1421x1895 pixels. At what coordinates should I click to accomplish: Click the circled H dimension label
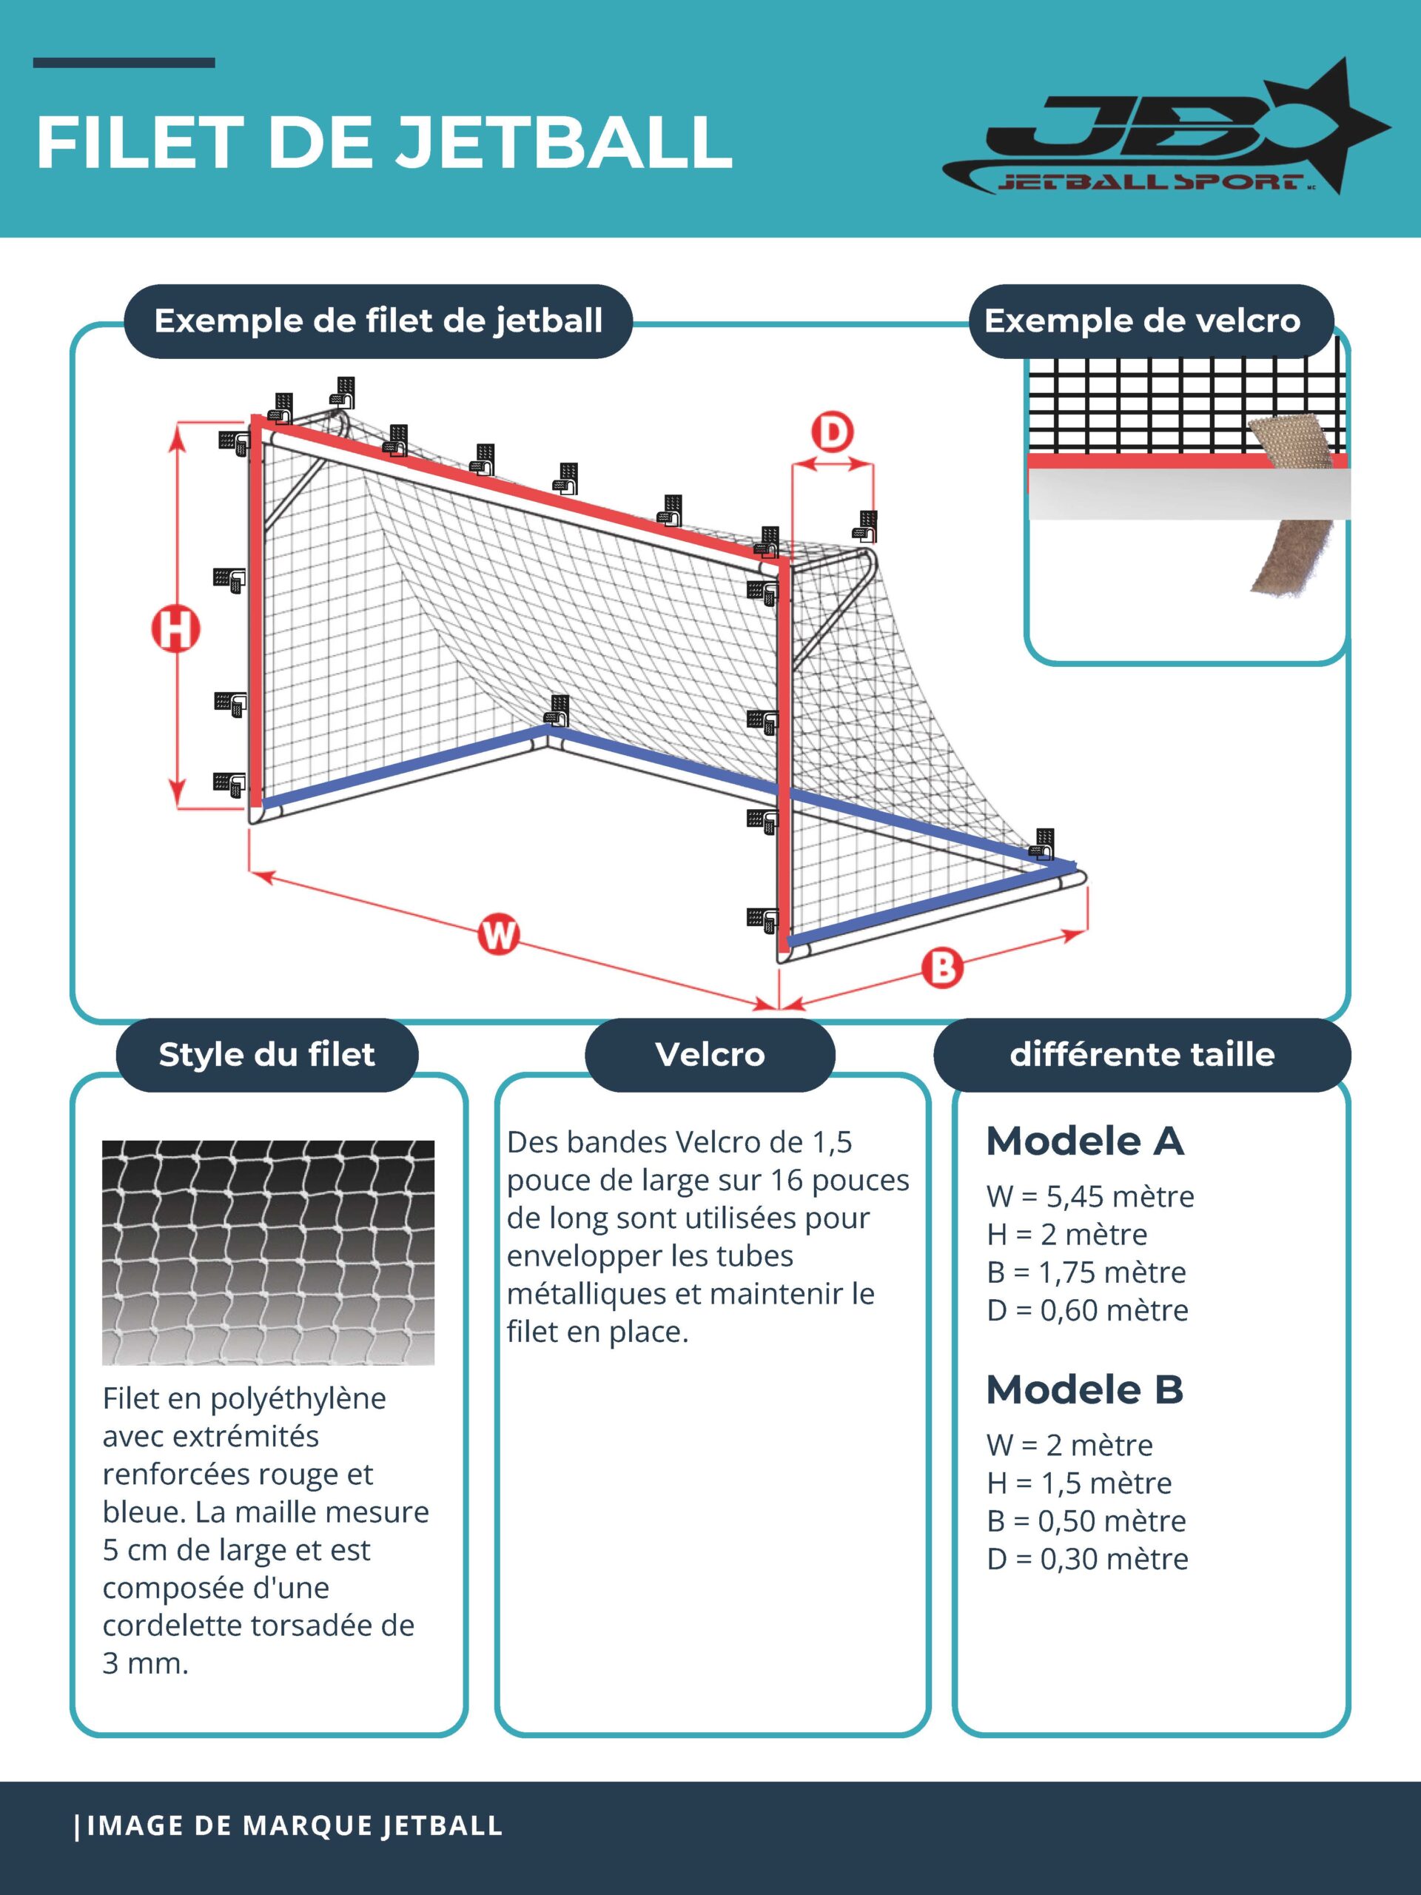click(x=175, y=630)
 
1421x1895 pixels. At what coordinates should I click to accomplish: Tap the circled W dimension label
click(x=499, y=935)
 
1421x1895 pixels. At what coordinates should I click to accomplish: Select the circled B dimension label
click(x=942, y=968)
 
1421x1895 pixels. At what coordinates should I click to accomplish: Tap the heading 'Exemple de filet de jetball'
click(x=377, y=321)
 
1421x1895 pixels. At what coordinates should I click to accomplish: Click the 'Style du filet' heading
click(x=266, y=1055)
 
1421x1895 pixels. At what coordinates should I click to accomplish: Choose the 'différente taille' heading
click(x=1142, y=1055)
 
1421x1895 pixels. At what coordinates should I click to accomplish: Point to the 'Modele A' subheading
click(x=1084, y=1141)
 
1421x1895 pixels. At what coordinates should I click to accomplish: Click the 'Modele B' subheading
click(x=1084, y=1389)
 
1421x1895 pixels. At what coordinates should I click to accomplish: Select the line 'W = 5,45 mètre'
click(x=1089, y=1196)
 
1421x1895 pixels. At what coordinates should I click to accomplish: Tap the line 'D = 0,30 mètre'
click(x=1087, y=1558)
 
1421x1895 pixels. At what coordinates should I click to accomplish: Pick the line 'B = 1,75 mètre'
click(x=1086, y=1272)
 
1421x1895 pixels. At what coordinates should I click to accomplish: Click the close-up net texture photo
click(x=268, y=1252)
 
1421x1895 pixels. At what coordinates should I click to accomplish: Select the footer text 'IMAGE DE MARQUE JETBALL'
click(x=294, y=1825)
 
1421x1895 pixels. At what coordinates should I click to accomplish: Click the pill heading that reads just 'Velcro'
click(x=710, y=1055)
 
